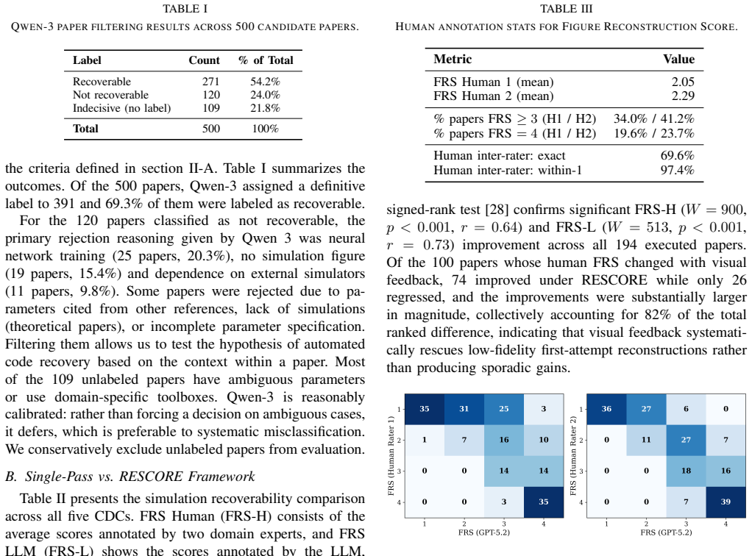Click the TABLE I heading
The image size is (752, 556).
pos(185,9)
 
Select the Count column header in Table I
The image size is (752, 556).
pos(204,60)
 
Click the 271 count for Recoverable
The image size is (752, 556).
pos(210,82)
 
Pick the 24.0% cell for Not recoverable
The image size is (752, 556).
pos(265,95)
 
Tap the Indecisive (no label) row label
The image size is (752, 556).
pos(122,108)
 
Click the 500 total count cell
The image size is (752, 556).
pos(211,129)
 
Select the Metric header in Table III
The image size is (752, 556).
pos(453,59)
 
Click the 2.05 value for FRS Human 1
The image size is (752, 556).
pos(683,82)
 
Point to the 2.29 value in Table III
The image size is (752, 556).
pos(683,96)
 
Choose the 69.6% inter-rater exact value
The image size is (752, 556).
pos(677,155)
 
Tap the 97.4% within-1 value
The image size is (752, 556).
pos(677,170)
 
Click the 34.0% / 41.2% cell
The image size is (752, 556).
pos(654,118)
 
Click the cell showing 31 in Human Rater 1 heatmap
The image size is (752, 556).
pos(464,409)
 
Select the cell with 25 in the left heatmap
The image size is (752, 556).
pos(503,409)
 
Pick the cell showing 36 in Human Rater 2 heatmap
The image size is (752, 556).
pos(607,409)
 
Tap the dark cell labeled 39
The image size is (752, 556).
pos(726,502)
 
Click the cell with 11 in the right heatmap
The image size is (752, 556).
pos(646,440)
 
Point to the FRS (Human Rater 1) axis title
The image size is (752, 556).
pos(391,456)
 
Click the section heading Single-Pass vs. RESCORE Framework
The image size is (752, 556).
pos(130,477)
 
